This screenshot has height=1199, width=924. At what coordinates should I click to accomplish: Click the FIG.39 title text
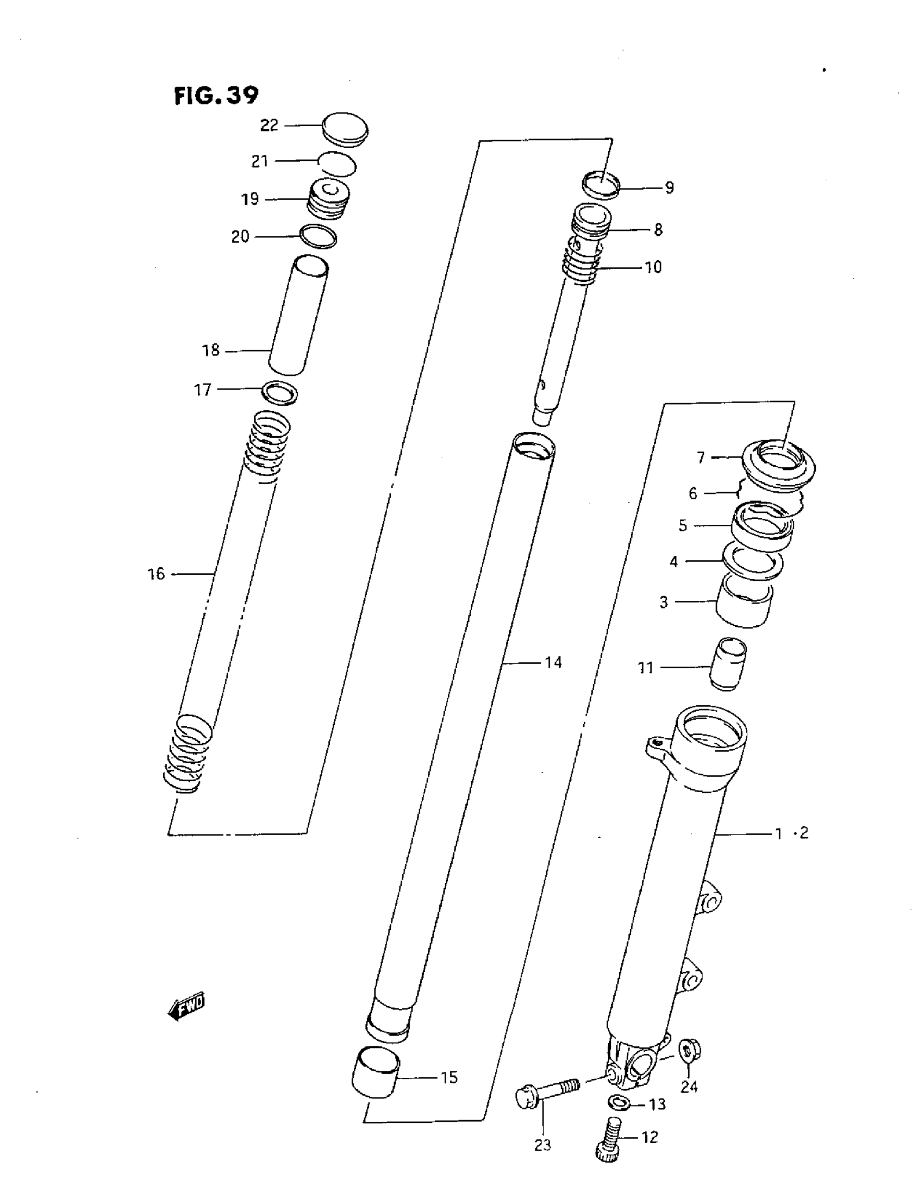coord(216,96)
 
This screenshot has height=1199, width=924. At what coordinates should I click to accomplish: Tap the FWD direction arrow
coord(186,1007)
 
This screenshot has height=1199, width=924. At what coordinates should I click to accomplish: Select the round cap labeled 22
coord(345,129)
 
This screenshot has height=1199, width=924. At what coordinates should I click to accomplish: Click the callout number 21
coord(259,161)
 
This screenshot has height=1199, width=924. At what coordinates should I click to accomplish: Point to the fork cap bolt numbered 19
coord(327,199)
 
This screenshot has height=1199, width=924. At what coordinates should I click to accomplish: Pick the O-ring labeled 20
coord(318,237)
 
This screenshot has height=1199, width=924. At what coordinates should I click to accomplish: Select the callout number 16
coord(156,574)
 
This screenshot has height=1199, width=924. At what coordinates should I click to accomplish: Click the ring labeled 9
coord(601,185)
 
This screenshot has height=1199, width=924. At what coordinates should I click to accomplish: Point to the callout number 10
coord(653,267)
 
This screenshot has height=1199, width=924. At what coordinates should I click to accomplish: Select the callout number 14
coord(553,663)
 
